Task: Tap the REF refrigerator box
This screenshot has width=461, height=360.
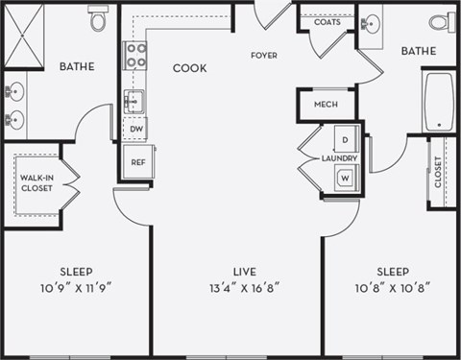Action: pos(136,161)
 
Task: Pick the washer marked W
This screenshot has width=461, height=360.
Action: pos(345,178)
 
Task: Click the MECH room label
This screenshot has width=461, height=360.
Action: pos(325,104)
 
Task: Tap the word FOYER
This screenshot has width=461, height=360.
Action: pos(264,56)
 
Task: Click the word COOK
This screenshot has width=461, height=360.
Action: pos(189,69)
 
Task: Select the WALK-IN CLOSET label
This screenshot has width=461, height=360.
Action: pos(37,182)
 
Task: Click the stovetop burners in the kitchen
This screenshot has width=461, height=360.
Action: pos(134,56)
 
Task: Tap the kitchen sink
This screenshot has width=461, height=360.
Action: pos(134,101)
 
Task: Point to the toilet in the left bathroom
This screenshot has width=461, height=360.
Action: pos(98,19)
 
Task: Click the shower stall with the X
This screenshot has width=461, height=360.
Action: pos(23,36)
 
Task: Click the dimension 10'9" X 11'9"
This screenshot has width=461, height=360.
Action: pos(76,287)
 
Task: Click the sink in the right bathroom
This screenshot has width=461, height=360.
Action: pos(372,23)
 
